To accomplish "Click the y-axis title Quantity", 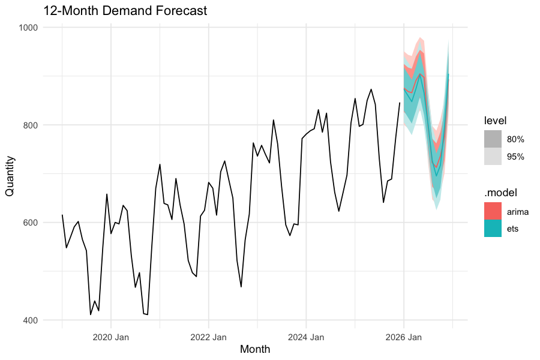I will pos(10,174).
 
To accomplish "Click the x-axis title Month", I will pos(254,349).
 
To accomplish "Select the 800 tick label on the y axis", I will pos(30,125).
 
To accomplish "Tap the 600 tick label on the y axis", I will pos(30,223).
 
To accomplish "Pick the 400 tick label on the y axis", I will pos(30,320).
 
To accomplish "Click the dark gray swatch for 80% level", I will pos(493,139).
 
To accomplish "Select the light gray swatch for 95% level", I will pos(493,157).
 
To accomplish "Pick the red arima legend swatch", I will pos(493,211).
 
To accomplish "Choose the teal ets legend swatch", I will pos(493,229).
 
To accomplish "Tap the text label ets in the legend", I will pos(513,229).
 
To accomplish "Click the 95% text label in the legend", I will pos(515,157).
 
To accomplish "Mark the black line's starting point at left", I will pos(62,215).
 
